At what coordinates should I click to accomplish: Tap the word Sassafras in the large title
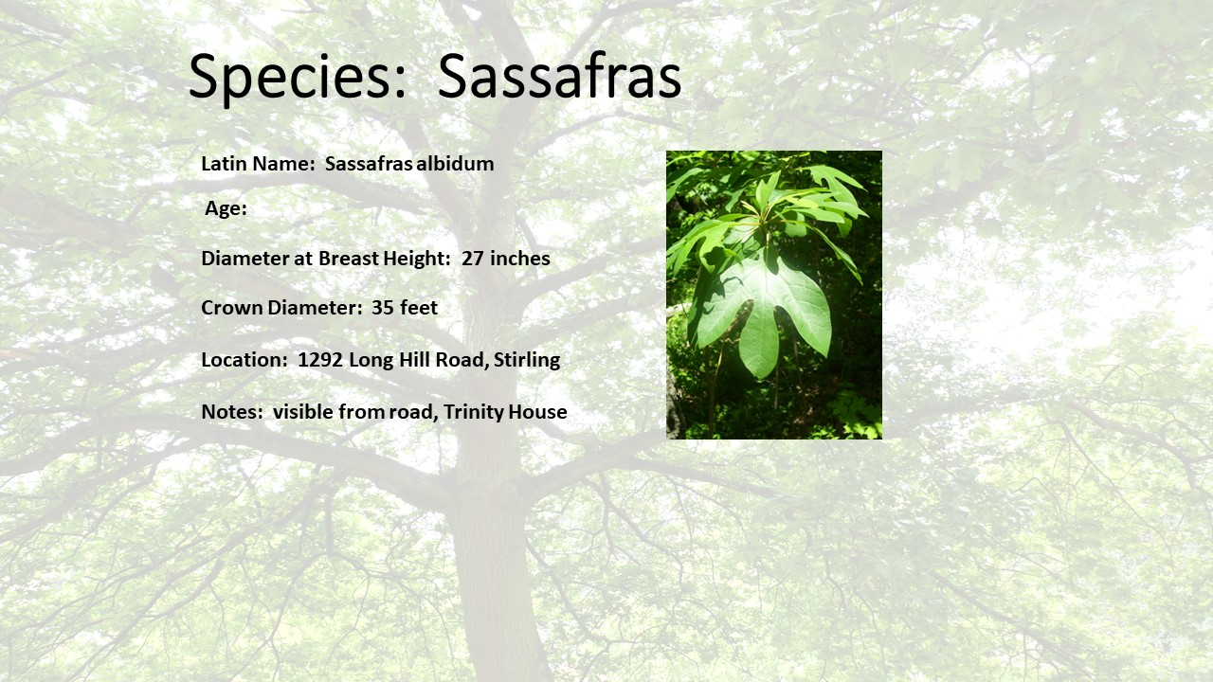559,76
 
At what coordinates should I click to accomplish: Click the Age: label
226,208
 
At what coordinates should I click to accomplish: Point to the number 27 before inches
473,259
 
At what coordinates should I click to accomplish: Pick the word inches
520,259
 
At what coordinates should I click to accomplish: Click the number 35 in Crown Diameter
382,308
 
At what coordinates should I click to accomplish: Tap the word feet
419,308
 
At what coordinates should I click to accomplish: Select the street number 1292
320,359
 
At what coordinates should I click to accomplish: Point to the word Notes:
232,412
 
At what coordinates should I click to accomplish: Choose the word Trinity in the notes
473,412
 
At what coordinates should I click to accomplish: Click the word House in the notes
537,412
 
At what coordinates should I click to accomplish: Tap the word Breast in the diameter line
348,259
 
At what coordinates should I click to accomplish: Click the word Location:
244,359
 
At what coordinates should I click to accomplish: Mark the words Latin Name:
258,164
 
